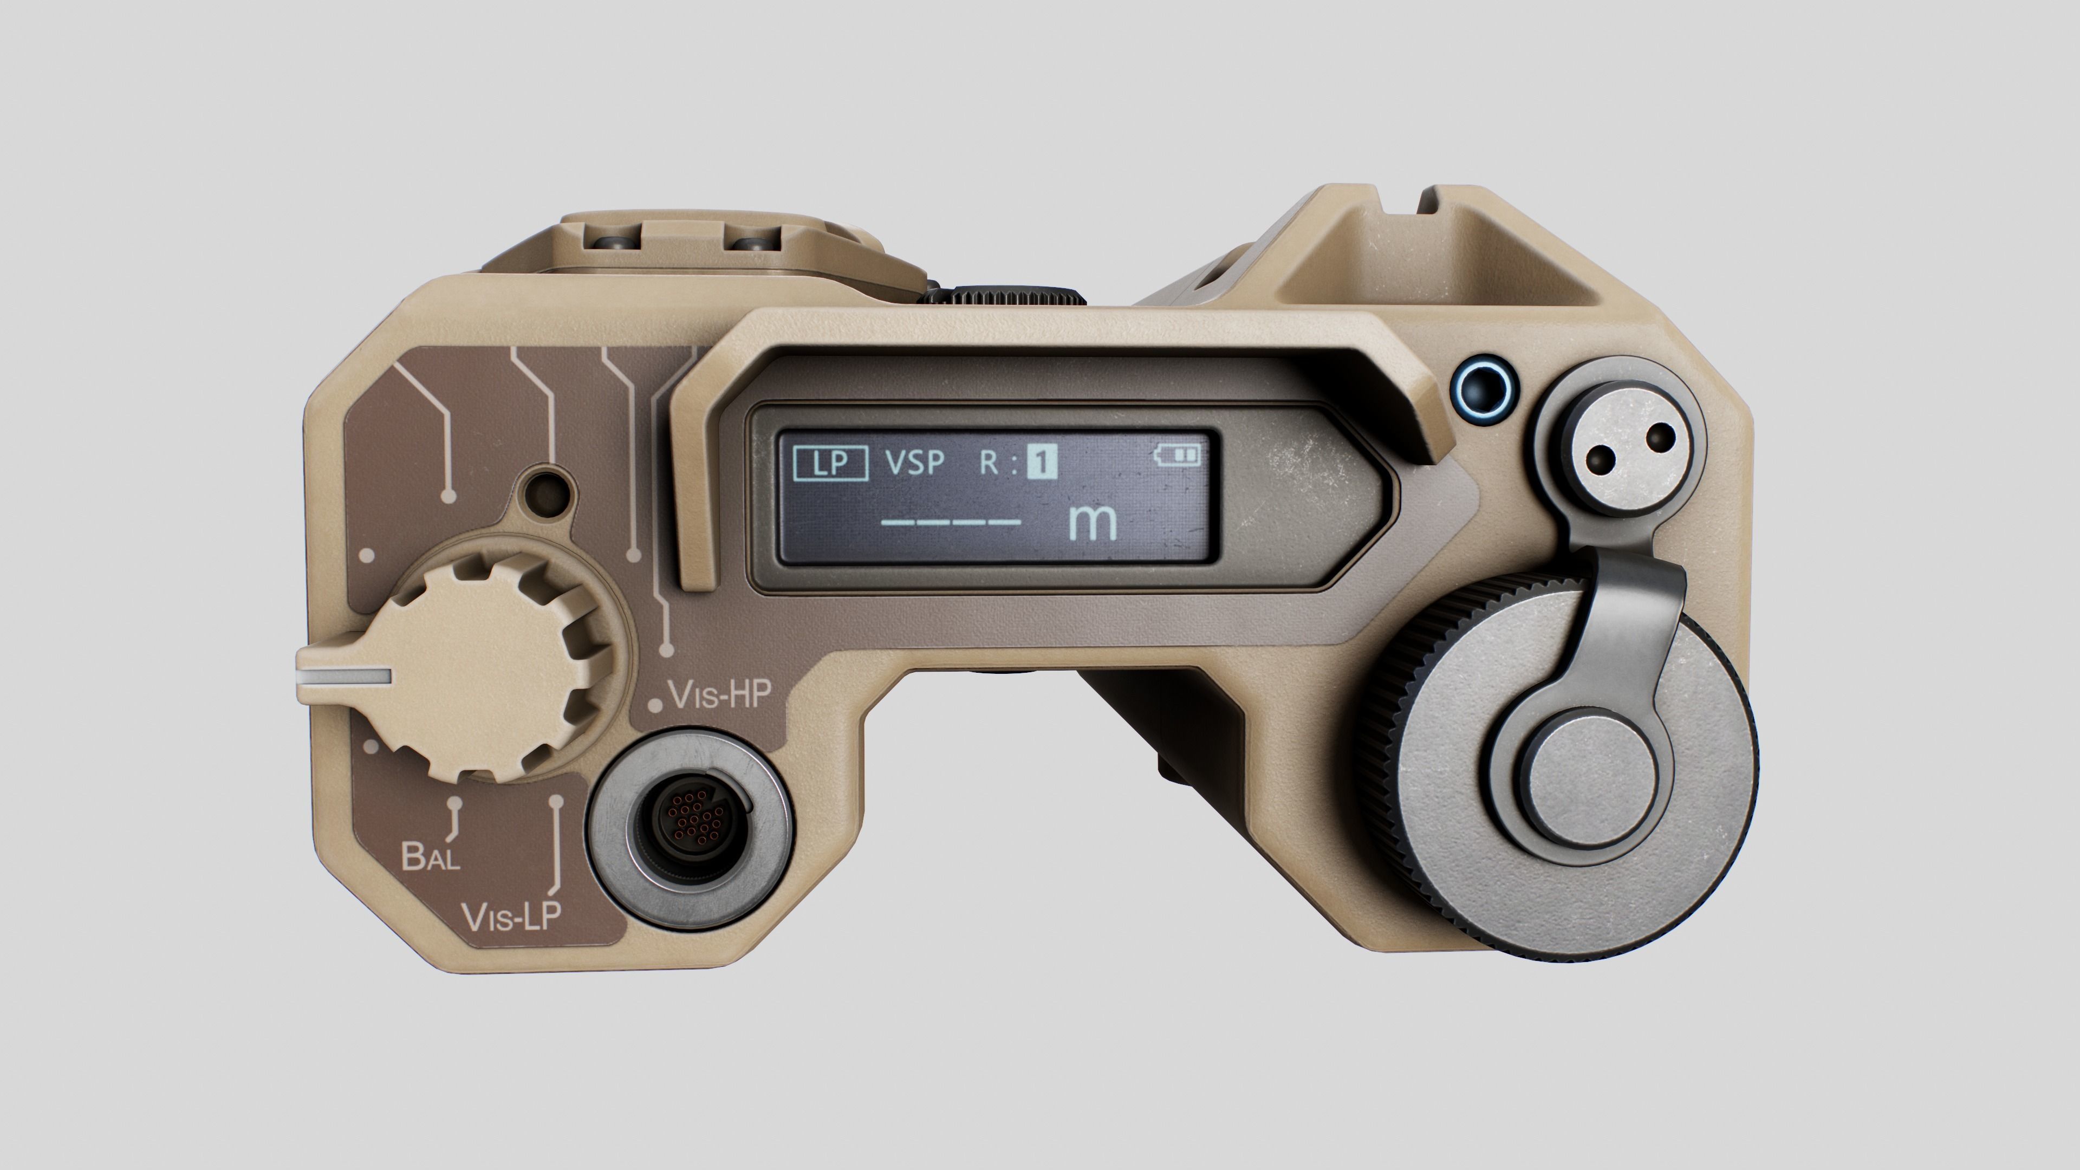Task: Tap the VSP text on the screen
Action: [x=915, y=463]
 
